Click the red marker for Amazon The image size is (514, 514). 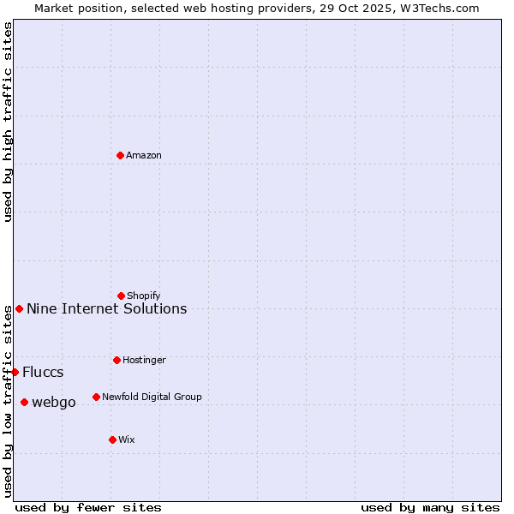click(120, 155)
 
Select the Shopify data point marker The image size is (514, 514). click(121, 296)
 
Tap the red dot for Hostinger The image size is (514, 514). click(117, 360)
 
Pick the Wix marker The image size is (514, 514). click(112, 439)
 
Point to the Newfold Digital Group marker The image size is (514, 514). click(96, 397)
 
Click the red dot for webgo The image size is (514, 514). click(24, 402)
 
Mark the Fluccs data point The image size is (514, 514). click(15, 372)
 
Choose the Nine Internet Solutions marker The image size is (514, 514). click(19, 308)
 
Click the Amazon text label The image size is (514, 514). click(144, 156)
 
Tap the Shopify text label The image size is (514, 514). click(144, 296)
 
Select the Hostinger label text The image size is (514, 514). click(144, 361)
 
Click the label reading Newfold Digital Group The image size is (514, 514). click(152, 397)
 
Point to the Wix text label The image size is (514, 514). click(127, 440)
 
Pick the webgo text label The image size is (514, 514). click(54, 403)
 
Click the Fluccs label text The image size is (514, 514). click(43, 373)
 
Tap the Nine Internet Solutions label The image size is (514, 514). click(106, 309)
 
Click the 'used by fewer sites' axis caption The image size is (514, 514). click(88, 507)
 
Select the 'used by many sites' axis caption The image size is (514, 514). click(430, 507)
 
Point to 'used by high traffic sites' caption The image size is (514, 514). click(8, 122)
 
